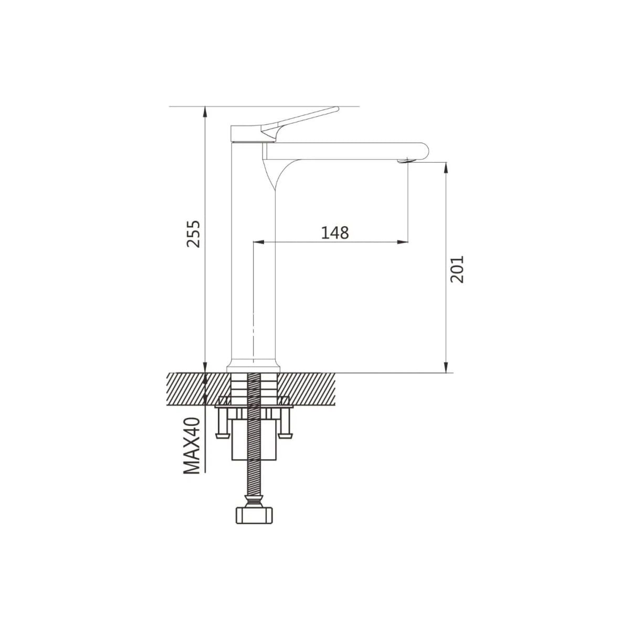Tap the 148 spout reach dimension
pyautogui.click(x=335, y=233)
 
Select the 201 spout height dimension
pyautogui.click(x=457, y=269)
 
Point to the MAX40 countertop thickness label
pyautogui.click(x=192, y=445)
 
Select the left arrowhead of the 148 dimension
pyautogui.click(x=259, y=242)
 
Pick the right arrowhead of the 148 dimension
pyautogui.click(x=403, y=242)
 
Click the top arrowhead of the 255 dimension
pyautogui.click(x=205, y=112)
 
